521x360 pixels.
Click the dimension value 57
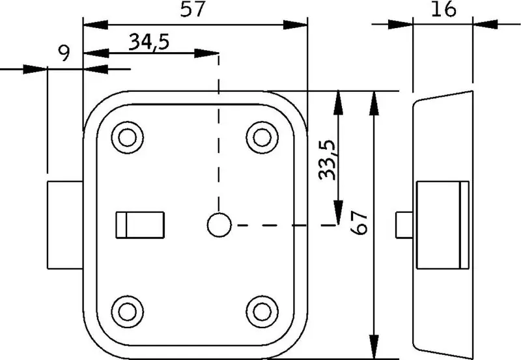(x=191, y=9)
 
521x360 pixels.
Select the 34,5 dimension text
(x=149, y=42)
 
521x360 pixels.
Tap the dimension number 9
(x=64, y=53)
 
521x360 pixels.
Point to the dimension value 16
(x=444, y=9)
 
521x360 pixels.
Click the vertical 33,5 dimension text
(x=327, y=160)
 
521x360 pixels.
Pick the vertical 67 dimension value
(x=359, y=223)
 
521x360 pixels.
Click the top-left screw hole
(x=127, y=137)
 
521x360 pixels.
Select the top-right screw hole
(x=262, y=137)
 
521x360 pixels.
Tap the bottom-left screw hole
(x=127, y=312)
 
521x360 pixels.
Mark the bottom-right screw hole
(x=262, y=312)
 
